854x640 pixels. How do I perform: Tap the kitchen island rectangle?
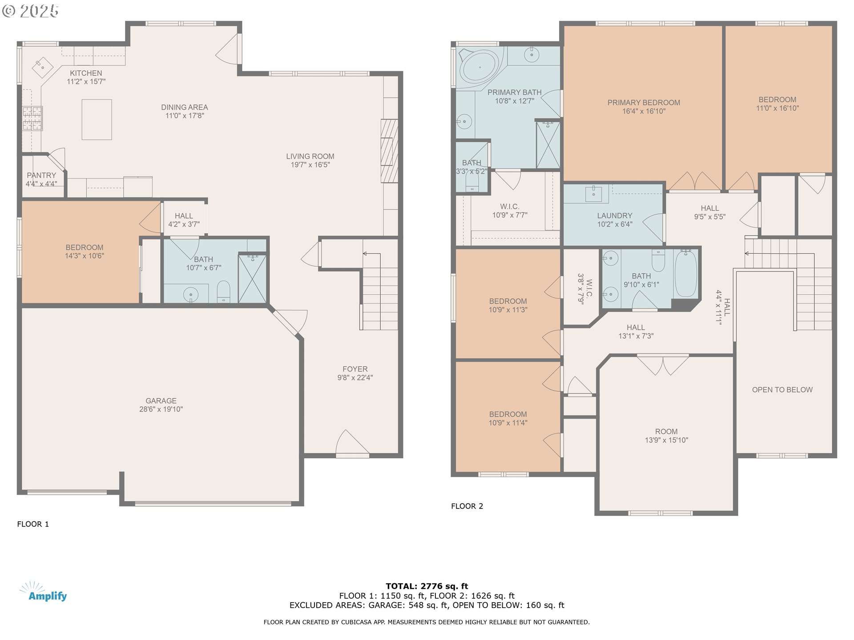pos(97,120)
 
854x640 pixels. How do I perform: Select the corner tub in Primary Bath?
pos(479,67)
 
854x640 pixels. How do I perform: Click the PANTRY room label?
pos(41,176)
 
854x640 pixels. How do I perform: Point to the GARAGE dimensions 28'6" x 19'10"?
pos(161,409)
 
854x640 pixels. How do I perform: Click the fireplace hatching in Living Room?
pos(389,151)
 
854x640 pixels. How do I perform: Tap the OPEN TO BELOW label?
pos(782,390)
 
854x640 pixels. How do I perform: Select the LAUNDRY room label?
pos(614,216)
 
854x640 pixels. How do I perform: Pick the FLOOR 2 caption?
pos(467,506)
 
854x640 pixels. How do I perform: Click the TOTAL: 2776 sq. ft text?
pos(427,586)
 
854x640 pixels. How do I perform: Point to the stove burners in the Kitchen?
pos(32,119)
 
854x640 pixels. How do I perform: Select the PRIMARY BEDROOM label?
pos(644,103)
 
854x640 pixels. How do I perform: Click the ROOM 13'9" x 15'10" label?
pos(666,436)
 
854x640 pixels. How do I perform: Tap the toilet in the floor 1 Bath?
pos(223,292)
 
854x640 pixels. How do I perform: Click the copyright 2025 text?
pos(30,11)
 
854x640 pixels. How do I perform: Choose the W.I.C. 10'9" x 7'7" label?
pos(509,211)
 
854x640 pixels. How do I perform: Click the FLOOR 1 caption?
pos(33,524)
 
